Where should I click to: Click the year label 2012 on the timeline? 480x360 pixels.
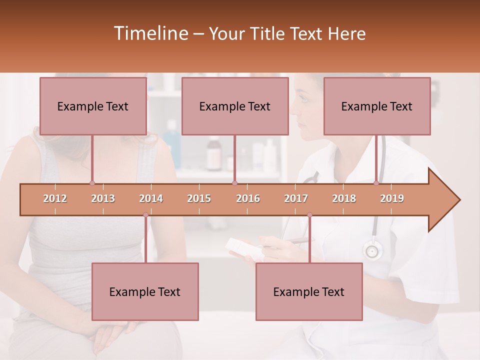pyautogui.click(x=55, y=198)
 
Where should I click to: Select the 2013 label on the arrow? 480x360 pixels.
pyautogui.click(x=103, y=198)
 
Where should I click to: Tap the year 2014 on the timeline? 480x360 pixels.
pyautogui.click(x=151, y=198)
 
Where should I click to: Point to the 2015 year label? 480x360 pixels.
pyautogui.click(x=199, y=198)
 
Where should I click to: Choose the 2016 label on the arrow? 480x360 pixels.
pyautogui.click(x=248, y=198)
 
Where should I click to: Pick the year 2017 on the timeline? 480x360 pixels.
pyautogui.click(x=296, y=198)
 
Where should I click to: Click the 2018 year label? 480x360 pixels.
pyautogui.click(x=344, y=198)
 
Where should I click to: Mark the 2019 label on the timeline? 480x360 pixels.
pyautogui.click(x=392, y=198)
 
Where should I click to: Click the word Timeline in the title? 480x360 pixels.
pyautogui.click(x=150, y=33)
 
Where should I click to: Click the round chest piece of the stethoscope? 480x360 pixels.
pyautogui.click(x=372, y=249)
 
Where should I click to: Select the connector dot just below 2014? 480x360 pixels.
pyautogui.click(x=145, y=215)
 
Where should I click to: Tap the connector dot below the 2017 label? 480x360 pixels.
pyautogui.click(x=309, y=215)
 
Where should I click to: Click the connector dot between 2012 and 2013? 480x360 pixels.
pyautogui.click(x=92, y=183)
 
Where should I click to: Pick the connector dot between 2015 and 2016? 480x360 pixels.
pyautogui.click(x=234, y=183)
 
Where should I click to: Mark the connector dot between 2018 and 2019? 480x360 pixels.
pyautogui.click(x=376, y=183)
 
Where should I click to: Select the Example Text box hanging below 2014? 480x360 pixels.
pyautogui.click(x=145, y=291)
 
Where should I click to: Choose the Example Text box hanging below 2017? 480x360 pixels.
pyautogui.click(x=309, y=291)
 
